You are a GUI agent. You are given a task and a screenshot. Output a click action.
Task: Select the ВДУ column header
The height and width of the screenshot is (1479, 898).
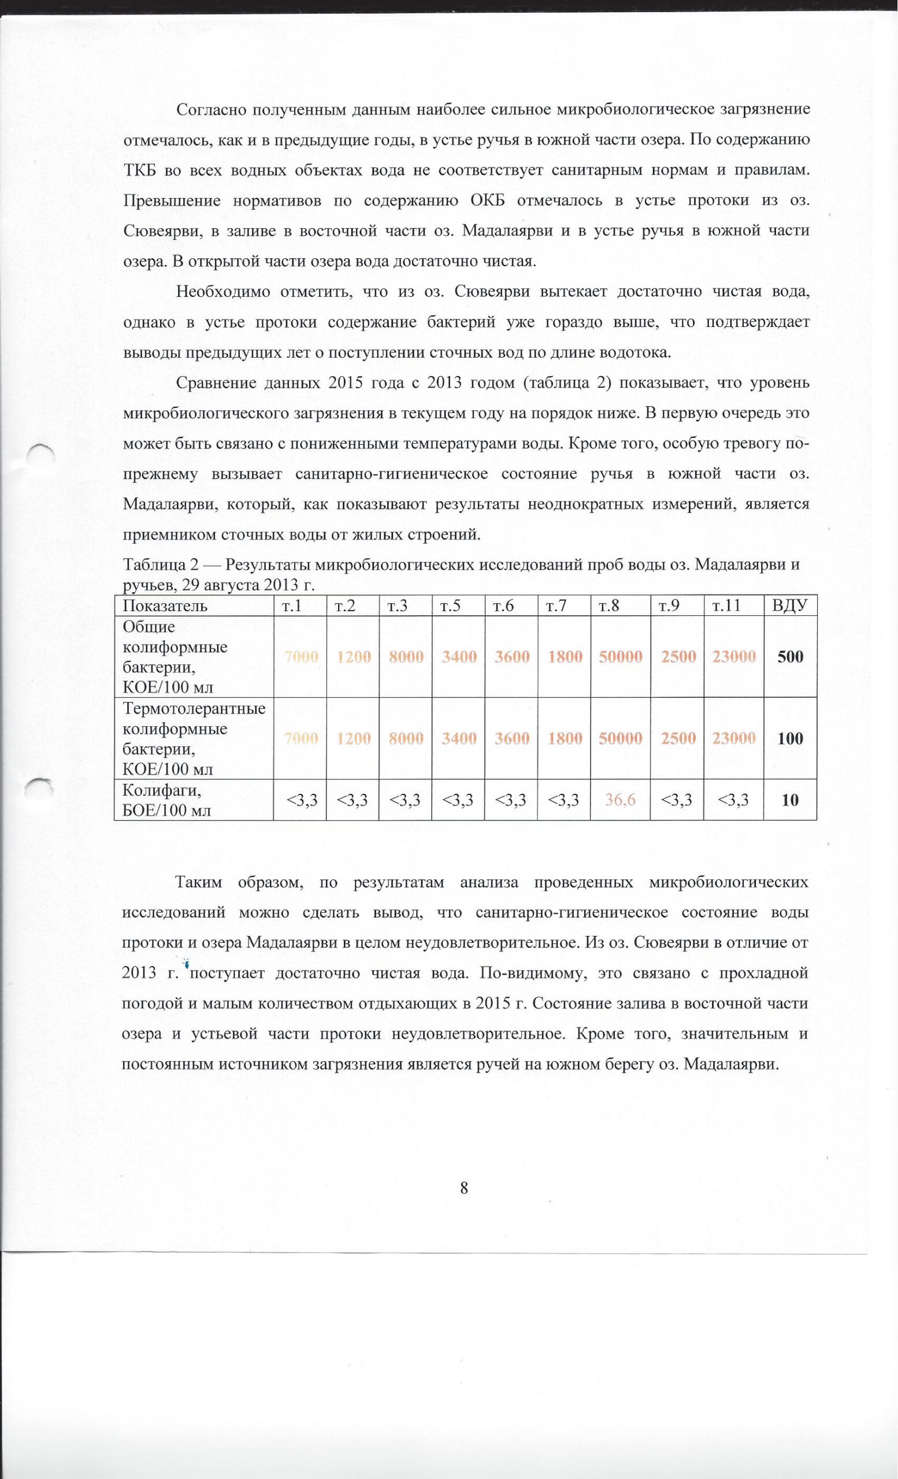click(789, 605)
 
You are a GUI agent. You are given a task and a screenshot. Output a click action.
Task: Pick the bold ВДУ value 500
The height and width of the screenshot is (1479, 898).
click(790, 657)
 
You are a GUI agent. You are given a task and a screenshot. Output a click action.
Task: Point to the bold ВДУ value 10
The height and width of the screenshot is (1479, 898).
click(790, 800)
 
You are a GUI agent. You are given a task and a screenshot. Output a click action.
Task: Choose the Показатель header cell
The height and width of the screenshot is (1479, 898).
click(165, 605)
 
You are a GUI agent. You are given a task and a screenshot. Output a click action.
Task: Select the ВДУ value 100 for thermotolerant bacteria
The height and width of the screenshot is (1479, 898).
click(790, 738)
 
